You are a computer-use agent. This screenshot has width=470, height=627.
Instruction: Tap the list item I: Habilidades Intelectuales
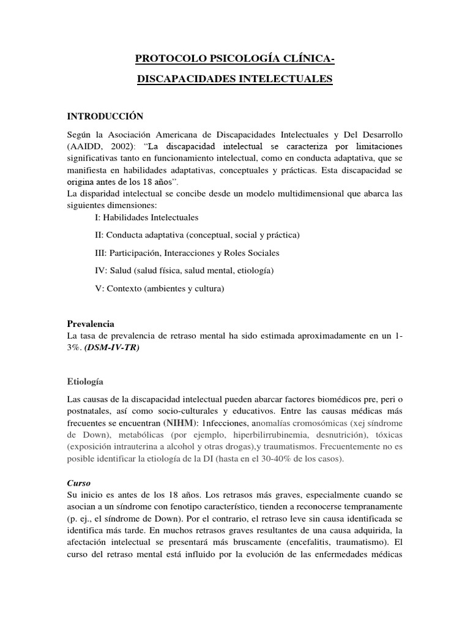(147, 217)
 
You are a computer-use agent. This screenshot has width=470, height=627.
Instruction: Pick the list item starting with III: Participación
(187, 252)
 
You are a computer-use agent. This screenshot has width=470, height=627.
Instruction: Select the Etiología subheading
(85, 381)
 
